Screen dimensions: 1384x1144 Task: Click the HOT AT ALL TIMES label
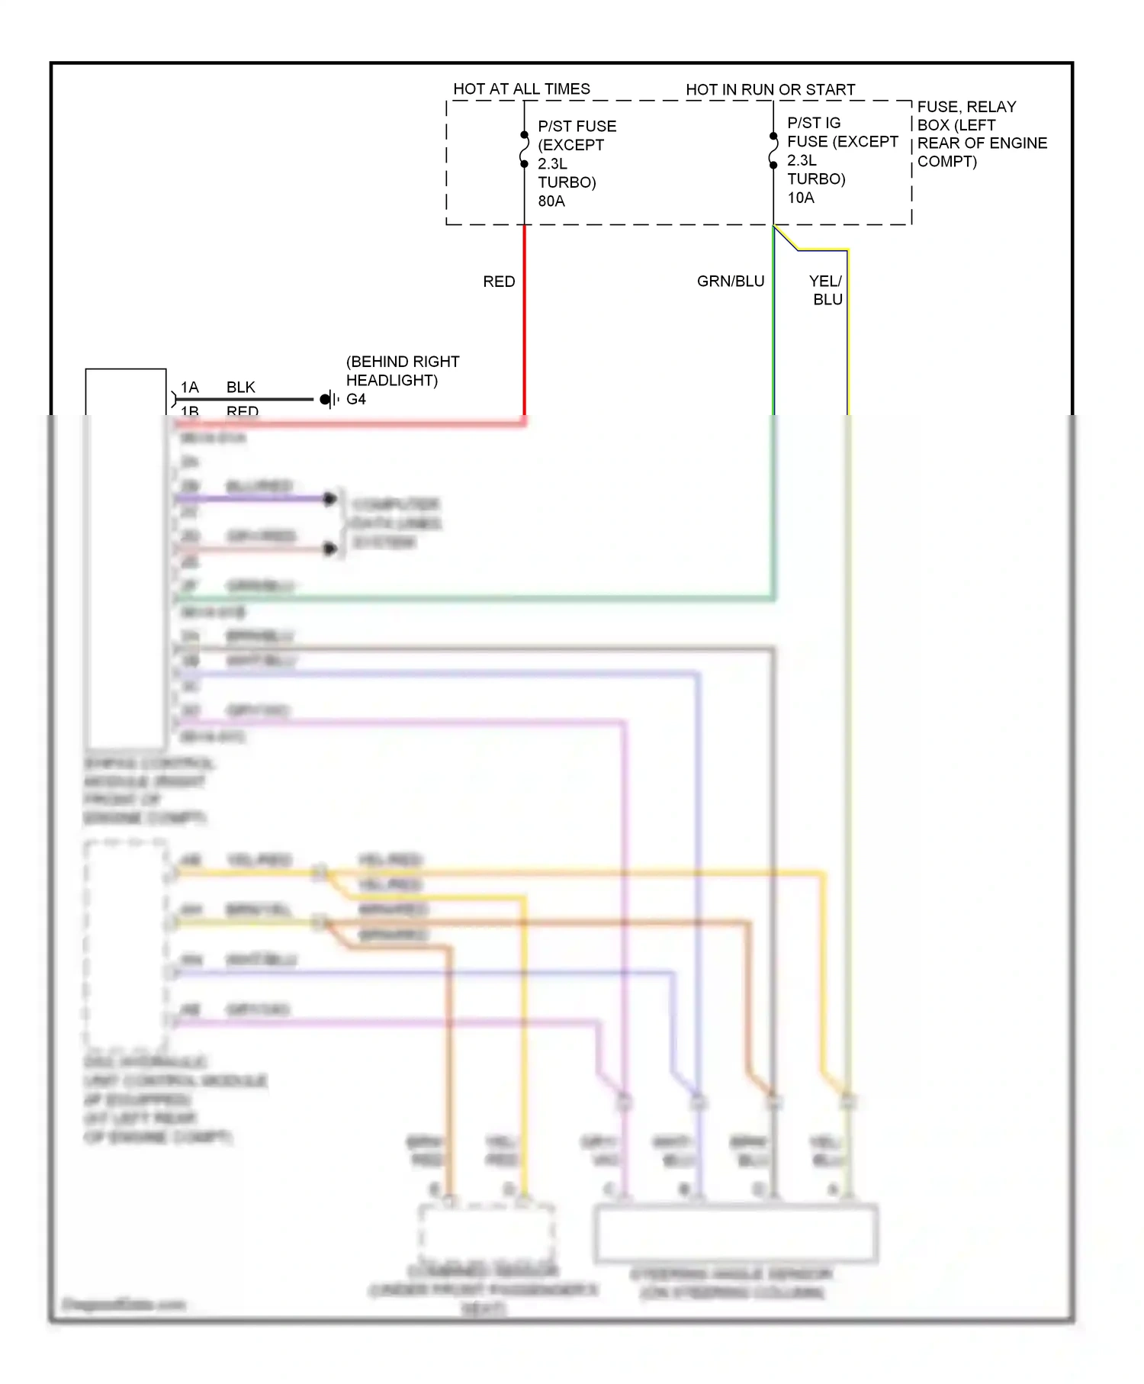click(522, 89)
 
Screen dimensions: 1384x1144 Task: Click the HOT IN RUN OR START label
click(770, 90)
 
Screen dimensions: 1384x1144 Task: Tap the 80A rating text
click(551, 201)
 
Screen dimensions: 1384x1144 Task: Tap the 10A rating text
click(801, 198)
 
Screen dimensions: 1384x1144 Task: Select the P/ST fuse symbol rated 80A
click(525, 150)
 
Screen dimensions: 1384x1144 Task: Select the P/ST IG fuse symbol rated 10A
click(773, 150)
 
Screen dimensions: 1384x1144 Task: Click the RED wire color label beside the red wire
click(499, 282)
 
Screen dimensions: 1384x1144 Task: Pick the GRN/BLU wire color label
click(730, 282)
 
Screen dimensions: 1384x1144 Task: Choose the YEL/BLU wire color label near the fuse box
click(827, 291)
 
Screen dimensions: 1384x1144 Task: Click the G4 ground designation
click(356, 399)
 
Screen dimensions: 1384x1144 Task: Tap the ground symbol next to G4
click(330, 399)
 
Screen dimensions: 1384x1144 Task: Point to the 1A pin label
click(189, 388)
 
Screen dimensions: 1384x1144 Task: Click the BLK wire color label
click(240, 388)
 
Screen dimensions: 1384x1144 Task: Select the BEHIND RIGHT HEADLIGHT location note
click(403, 371)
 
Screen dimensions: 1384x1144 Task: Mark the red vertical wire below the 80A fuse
click(525, 320)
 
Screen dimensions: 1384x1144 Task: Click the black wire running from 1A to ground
click(244, 399)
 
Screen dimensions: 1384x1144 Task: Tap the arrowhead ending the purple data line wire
click(330, 499)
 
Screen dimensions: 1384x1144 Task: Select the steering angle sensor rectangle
click(736, 1232)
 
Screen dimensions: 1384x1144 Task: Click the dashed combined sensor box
click(486, 1232)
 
